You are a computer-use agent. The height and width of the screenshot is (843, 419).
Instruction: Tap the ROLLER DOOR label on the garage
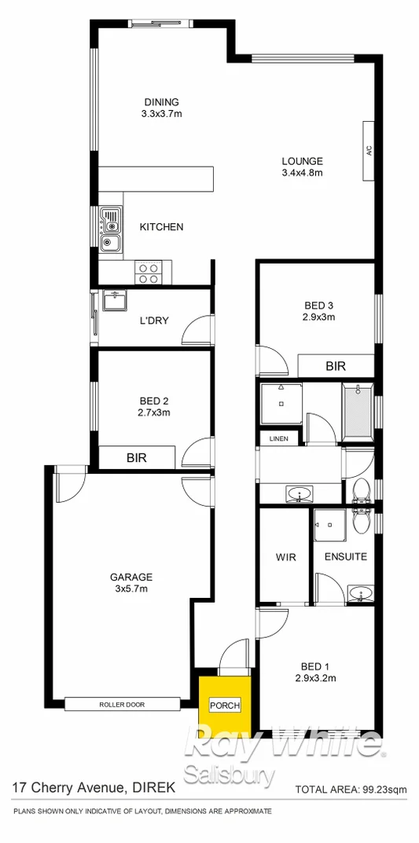pos(122,704)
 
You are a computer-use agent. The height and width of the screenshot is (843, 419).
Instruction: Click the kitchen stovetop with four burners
pos(148,272)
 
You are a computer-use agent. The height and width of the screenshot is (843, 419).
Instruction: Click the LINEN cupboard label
pos(278,438)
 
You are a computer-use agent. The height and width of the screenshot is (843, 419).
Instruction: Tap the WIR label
pos(285,557)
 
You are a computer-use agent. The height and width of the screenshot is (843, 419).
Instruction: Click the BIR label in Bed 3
pos(336,365)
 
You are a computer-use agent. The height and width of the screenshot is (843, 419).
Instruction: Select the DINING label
pos(161,101)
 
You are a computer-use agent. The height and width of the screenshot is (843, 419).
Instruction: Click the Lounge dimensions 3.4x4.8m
pos(303,173)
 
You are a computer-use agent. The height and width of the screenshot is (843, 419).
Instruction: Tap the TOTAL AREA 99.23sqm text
pos(350,790)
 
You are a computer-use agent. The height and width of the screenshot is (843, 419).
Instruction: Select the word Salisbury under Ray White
pos(230,775)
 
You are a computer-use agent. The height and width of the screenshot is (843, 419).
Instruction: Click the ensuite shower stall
pos(329,526)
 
